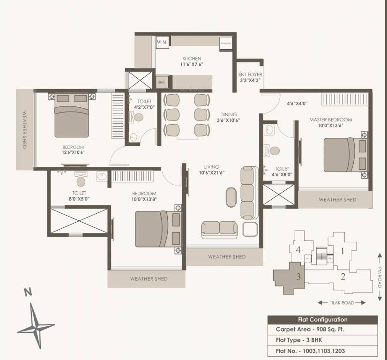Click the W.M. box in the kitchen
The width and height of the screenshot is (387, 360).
point(162,43)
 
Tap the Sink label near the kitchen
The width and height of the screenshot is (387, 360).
point(161,82)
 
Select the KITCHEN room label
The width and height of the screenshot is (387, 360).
point(192,59)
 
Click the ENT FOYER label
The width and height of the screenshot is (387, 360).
point(250,75)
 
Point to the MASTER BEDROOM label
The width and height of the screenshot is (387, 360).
point(330,120)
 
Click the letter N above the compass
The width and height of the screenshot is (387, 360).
point(28,292)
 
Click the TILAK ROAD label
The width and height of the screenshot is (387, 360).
point(341,303)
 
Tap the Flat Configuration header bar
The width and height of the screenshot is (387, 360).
point(322,320)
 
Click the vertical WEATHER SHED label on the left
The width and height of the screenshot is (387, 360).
point(24,130)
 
